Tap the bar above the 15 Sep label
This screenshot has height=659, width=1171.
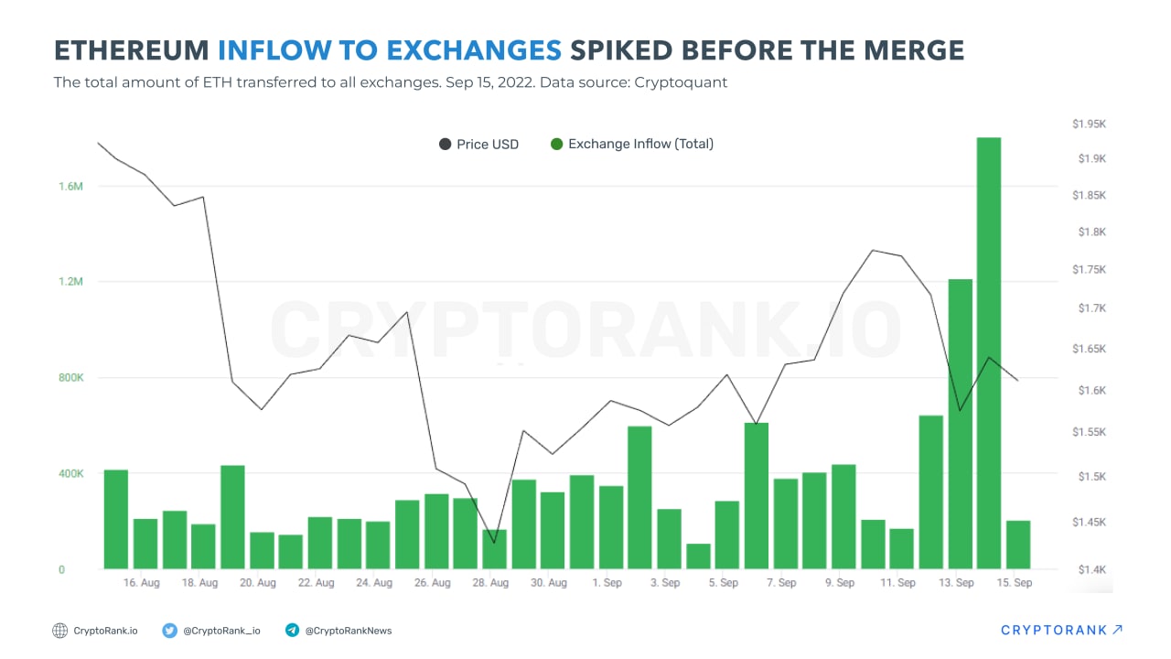tap(1018, 545)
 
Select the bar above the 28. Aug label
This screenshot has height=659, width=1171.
tap(494, 549)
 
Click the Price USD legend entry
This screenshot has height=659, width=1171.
tap(478, 145)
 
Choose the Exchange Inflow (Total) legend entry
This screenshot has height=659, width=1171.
tap(631, 145)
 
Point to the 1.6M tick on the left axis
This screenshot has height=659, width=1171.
tap(71, 187)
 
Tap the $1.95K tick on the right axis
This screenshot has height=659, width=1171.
tap(1090, 124)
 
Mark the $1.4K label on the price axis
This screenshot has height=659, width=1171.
tap(1090, 569)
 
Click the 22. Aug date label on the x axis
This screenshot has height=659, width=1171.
tap(317, 583)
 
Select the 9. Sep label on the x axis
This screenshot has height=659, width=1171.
tap(840, 583)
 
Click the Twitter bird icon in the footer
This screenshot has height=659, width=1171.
tap(170, 631)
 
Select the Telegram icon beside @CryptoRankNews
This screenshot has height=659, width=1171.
tap(293, 631)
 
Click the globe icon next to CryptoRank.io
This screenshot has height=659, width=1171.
tap(60, 631)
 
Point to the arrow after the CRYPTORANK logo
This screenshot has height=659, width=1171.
tap(1117, 630)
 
